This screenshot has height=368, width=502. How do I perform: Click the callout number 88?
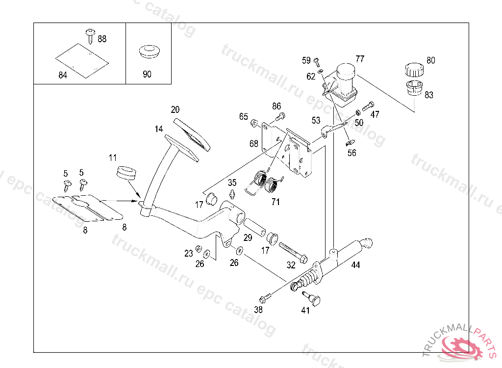click(x=102, y=39)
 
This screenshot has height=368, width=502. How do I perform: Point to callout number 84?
click(x=63, y=75)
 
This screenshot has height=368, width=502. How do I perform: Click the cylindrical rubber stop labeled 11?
click(x=126, y=173)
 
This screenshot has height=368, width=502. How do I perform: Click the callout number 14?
click(x=159, y=129)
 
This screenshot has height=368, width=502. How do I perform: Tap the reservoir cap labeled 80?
click(x=414, y=70)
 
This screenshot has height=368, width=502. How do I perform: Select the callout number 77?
click(x=360, y=59)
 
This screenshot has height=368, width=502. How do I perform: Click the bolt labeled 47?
click(x=368, y=106)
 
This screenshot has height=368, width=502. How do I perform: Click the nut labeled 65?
click(x=254, y=122)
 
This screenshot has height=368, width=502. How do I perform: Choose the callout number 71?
click(x=276, y=201)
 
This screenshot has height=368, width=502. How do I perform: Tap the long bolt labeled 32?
click(x=293, y=251)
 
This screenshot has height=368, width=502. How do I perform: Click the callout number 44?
click(x=356, y=265)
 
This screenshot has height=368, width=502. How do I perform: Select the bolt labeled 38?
click(x=265, y=298)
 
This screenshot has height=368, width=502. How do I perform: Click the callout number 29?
click(x=248, y=237)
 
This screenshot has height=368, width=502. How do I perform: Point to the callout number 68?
click(x=253, y=143)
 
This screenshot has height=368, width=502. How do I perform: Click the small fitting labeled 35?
click(x=232, y=192)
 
